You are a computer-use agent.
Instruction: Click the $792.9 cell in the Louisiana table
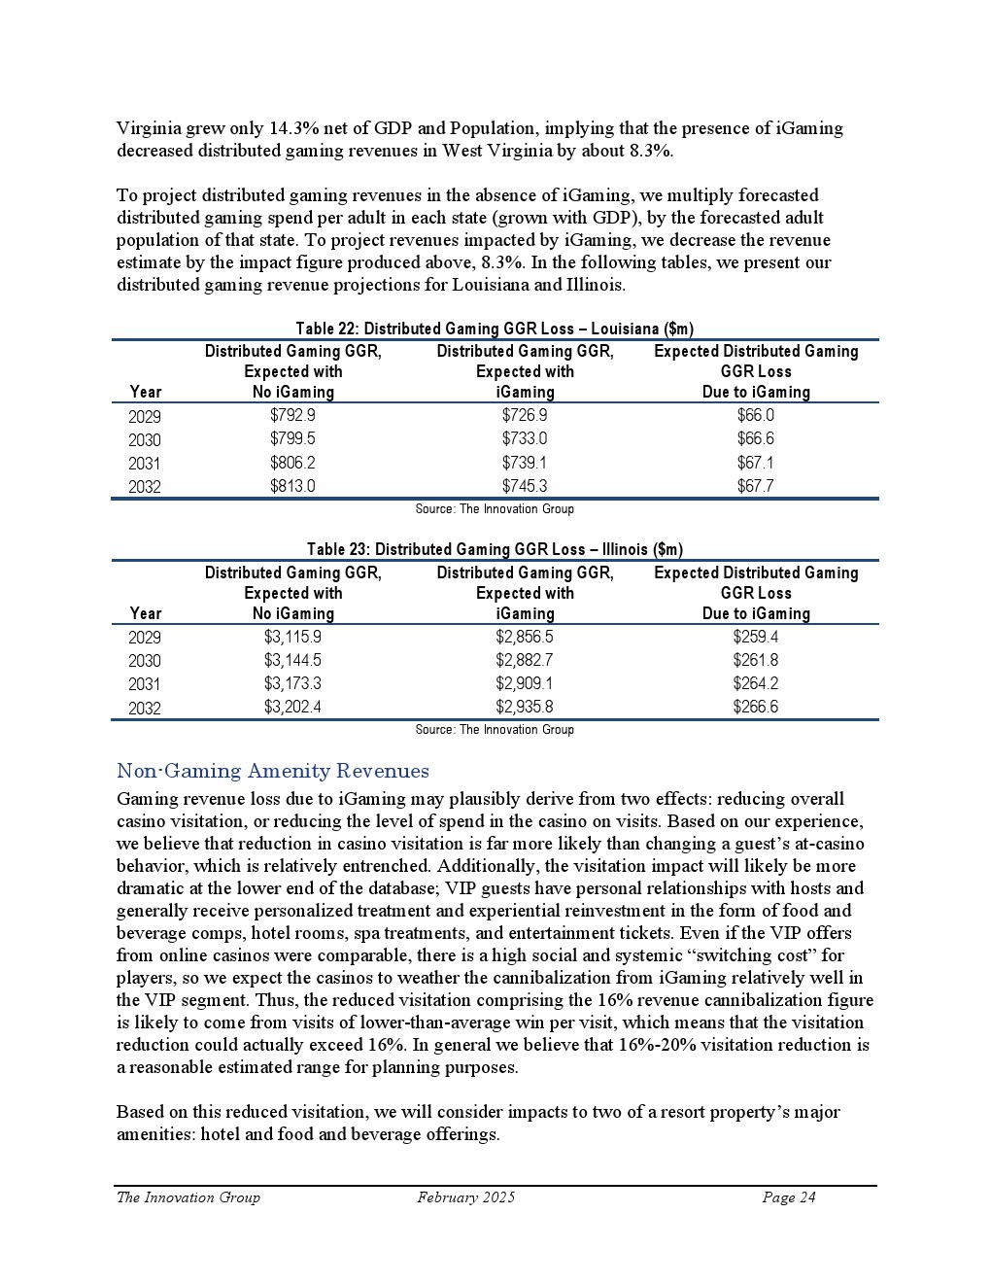pos(292,416)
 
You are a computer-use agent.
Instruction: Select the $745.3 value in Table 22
pos(525,486)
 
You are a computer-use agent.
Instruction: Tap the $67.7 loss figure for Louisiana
pos(756,486)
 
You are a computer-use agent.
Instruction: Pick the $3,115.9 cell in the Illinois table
pos(292,637)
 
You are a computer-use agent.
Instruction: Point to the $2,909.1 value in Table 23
pos(525,683)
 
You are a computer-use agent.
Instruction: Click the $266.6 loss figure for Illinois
pos(756,707)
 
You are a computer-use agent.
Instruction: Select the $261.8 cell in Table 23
pos(756,660)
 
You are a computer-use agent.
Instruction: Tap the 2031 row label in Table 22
pos(145,464)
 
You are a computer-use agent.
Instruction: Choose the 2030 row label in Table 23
pos(145,661)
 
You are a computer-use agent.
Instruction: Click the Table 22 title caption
pos(495,329)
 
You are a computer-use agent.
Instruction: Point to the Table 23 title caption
pos(495,550)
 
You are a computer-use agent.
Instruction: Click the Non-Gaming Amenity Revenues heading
pos(273,772)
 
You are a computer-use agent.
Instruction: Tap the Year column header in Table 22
pos(145,392)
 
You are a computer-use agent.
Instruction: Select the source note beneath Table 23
pos(495,730)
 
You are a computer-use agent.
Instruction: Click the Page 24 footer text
pos(789,1197)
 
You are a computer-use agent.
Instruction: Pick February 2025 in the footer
pos(466,1197)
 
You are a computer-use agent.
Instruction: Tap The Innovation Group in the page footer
pos(188,1197)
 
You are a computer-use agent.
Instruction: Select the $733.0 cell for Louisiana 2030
pos(525,439)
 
